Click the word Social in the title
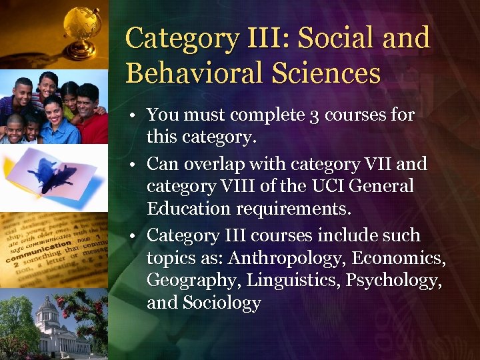[x=335, y=38]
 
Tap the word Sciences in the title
[x=339, y=73]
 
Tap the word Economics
[x=399, y=258]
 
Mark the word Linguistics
[x=293, y=280]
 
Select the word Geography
[x=193, y=280]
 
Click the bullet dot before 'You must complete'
[x=134, y=116]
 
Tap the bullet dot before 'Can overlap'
[x=134, y=164]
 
